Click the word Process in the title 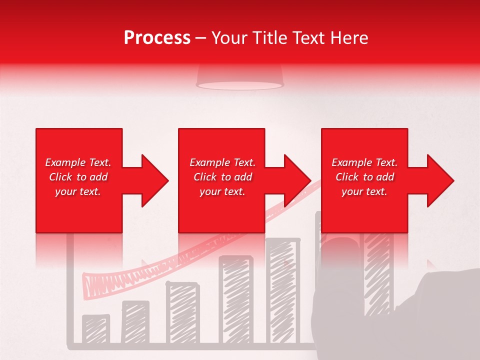coord(157,38)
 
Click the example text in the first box coord(78,177)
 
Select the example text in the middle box coord(222,177)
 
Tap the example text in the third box coord(364,177)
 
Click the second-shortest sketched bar coord(135,322)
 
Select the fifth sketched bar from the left coord(283,290)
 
